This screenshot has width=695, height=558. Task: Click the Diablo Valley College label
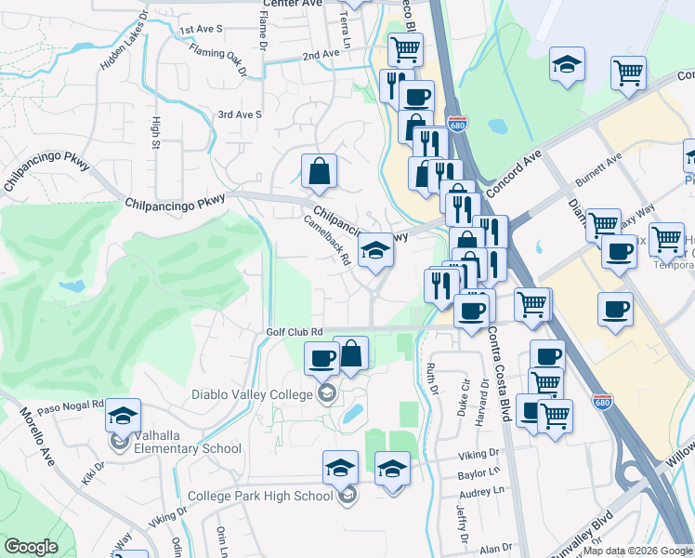point(250,394)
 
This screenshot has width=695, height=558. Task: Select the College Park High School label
point(260,496)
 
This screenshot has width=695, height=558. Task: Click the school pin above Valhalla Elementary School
point(122,418)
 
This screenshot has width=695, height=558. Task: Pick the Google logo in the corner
point(31,547)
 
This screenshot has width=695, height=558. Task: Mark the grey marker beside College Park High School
point(347,496)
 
